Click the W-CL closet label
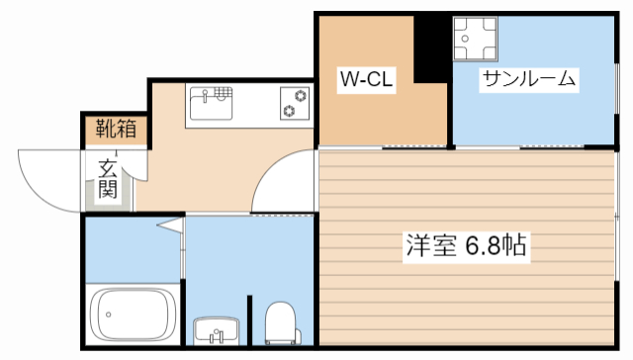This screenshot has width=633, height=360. pyautogui.click(x=368, y=80)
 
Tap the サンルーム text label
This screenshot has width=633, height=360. pyautogui.click(x=529, y=79)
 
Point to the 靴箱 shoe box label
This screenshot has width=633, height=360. pyautogui.click(x=116, y=129)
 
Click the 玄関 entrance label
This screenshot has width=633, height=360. pyautogui.click(x=109, y=177)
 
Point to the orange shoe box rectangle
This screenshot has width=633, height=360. pyautogui.click(x=116, y=129)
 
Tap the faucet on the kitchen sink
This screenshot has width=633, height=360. pyautogui.click(x=206, y=95)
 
